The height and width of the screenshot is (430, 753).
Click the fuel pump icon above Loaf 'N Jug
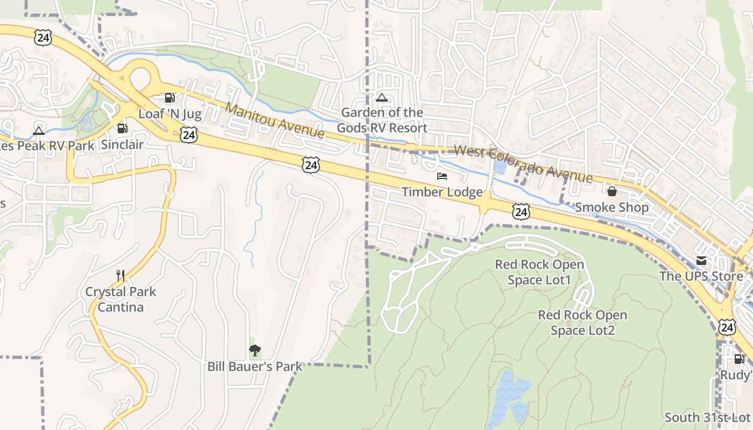169,98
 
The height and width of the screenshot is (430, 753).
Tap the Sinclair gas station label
123,144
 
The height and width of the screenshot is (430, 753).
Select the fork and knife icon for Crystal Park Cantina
120,276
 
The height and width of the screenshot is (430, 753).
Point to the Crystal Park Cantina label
121,299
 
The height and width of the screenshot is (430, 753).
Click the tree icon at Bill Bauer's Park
255,351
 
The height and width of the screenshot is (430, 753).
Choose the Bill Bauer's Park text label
255,367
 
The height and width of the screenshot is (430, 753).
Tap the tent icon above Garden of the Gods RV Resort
382,98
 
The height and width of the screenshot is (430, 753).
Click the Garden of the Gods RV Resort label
382,120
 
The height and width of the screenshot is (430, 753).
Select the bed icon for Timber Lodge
442,176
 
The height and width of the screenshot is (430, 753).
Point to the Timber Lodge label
442,192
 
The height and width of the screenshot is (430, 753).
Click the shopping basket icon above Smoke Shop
612,191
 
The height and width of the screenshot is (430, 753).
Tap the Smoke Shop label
612,207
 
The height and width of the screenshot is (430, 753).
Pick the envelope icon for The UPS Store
701,261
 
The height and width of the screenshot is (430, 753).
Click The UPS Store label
701,276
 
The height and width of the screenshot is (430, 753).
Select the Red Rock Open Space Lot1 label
539,272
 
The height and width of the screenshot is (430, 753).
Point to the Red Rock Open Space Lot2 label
582,322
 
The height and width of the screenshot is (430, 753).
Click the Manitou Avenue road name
275,120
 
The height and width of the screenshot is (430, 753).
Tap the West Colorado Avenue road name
523,164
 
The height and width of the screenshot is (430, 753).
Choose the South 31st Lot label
707,417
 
